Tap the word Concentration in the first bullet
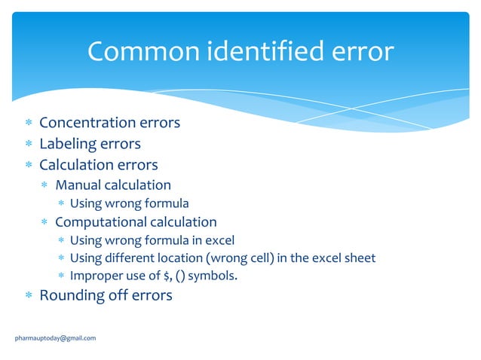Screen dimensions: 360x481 (x=87, y=122)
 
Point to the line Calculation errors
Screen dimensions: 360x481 (x=98, y=164)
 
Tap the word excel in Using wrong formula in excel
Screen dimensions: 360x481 (x=219, y=240)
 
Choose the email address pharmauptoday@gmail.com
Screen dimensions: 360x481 (x=56, y=338)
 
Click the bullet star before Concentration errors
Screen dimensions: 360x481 (x=28, y=123)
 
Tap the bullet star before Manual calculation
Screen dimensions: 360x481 (x=45, y=185)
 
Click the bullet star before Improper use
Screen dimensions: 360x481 (x=61, y=276)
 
